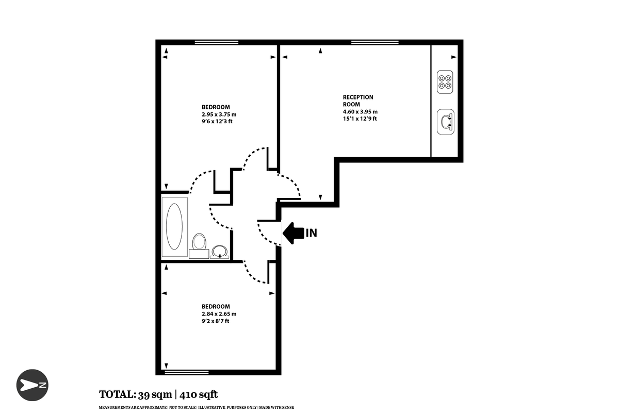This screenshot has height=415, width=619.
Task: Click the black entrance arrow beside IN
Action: coord(292,233)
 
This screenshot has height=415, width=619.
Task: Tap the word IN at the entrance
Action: coord(311,233)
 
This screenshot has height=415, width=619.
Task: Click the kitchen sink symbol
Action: coord(445,122)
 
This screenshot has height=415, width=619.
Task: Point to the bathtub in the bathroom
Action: coord(174,227)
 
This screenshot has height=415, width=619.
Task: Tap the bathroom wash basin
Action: coord(220,251)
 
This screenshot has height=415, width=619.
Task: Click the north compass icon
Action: coord(32,385)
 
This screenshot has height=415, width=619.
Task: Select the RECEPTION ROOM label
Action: coord(358,101)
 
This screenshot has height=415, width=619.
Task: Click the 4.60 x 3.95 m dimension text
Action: coord(360,111)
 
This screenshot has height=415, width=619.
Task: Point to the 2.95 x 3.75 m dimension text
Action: coord(219,114)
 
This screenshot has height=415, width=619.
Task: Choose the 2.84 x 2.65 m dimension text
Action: coord(219,313)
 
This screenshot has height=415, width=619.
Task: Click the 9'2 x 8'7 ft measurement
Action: coord(216,321)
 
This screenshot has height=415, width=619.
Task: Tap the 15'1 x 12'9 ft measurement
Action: coord(360,119)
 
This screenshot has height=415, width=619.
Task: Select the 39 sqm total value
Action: coord(155,395)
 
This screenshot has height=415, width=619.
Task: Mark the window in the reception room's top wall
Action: coord(374,42)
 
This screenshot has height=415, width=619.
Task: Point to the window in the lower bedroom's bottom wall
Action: coord(186,372)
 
